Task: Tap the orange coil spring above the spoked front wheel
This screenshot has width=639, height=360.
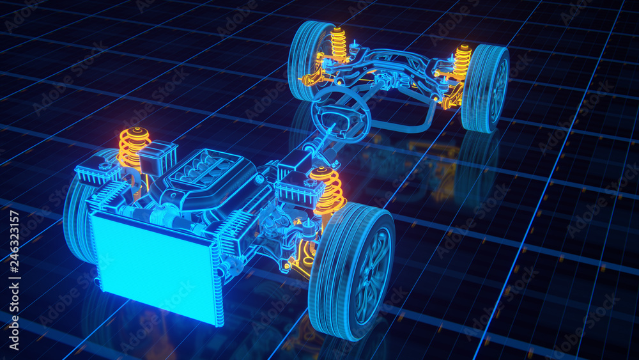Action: coord(328,190)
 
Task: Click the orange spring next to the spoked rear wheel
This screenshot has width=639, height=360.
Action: coord(462,62)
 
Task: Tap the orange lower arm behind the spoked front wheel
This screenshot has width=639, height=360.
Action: coord(300,256)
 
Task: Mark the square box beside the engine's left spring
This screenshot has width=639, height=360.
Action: coord(157,157)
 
